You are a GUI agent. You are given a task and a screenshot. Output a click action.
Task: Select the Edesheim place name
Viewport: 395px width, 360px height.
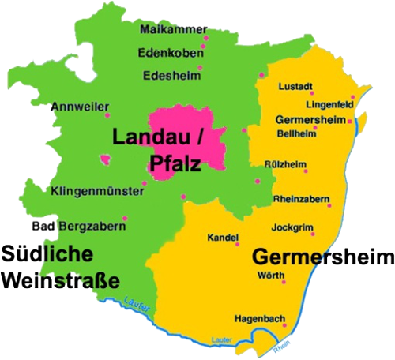[168, 76]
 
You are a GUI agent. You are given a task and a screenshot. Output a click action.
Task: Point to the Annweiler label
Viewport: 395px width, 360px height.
[77, 106]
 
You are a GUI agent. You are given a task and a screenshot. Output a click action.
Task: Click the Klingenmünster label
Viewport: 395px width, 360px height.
[96, 191]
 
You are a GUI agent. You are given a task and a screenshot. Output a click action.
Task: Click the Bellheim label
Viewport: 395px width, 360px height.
[296, 133]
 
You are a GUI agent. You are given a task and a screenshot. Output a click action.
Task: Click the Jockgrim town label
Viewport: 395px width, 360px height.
[292, 227]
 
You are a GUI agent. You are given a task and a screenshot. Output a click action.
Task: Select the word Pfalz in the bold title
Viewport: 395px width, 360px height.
[175, 164]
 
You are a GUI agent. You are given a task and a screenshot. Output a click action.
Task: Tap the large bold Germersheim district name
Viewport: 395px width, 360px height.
[322, 257]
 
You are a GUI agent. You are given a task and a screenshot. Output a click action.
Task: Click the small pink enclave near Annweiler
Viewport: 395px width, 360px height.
[106, 159]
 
